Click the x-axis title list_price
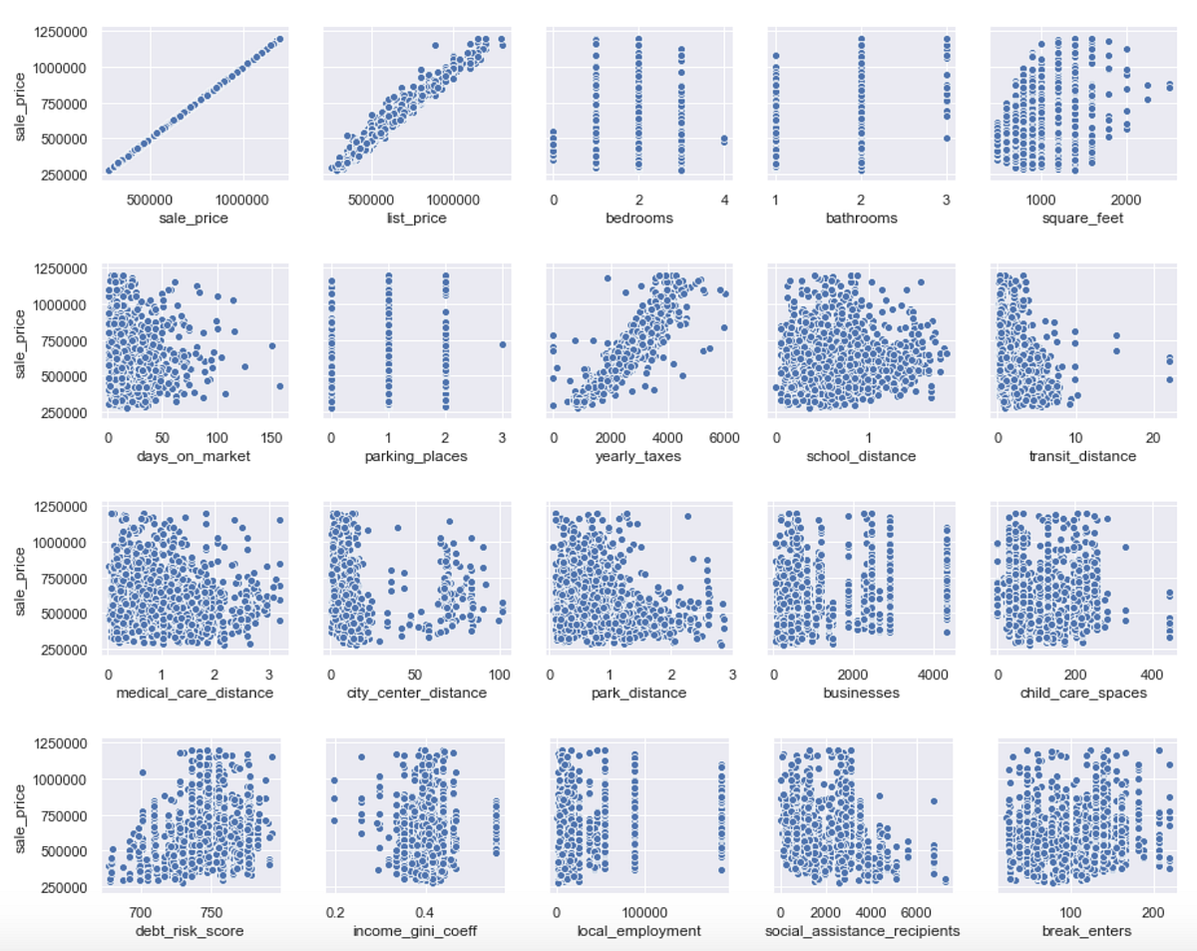[414, 218]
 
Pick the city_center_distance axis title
[414, 693]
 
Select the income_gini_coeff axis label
[414, 931]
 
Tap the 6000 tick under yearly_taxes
[723, 436]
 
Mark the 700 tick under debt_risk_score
[140, 911]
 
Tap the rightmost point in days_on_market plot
[280, 386]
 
